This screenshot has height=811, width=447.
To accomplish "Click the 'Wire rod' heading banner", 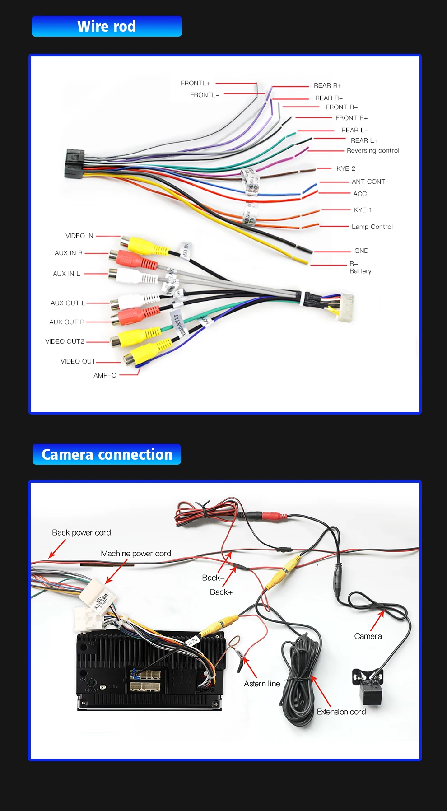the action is [107, 26].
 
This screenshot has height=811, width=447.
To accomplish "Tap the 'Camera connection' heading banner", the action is [107, 454].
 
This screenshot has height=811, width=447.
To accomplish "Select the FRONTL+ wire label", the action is [195, 83].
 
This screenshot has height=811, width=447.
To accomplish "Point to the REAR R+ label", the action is [327, 85].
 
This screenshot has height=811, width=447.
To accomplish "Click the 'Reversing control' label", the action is [373, 150].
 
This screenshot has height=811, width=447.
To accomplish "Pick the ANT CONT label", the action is [368, 182].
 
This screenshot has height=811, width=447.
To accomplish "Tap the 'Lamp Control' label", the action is [372, 227].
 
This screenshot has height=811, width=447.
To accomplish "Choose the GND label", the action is [361, 251].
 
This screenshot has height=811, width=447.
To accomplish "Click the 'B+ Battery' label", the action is [360, 267].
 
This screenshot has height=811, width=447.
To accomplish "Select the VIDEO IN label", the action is [79, 236].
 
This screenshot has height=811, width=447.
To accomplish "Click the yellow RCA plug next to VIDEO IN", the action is [142, 245].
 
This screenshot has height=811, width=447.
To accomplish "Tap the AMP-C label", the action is [105, 375].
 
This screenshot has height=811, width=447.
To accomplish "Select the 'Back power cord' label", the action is [81, 532].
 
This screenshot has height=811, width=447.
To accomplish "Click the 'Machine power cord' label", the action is [136, 553].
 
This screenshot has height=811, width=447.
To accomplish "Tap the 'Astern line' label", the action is [262, 684].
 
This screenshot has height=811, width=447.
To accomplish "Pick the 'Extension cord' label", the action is [341, 712].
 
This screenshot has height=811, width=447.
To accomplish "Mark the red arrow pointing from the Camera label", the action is [377, 620].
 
